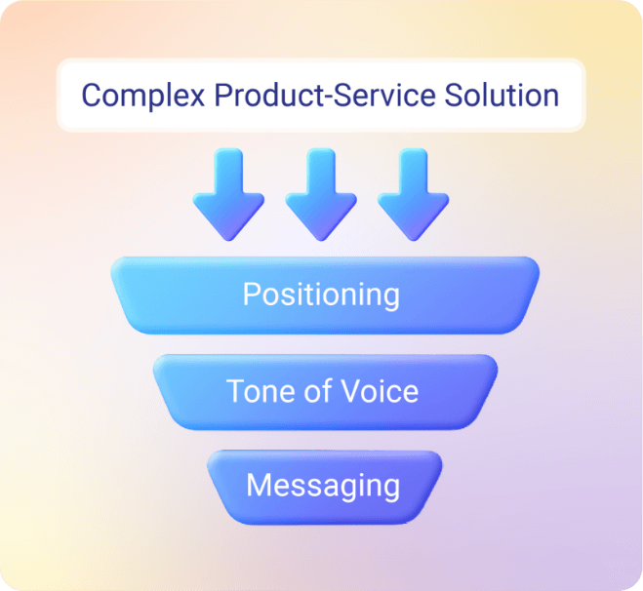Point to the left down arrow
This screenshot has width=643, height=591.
tap(227, 193)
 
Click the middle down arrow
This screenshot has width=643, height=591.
tap(320, 193)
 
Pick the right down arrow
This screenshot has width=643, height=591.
tap(413, 193)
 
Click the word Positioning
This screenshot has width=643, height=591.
tap(321, 295)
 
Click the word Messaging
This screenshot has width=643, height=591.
tap(323, 485)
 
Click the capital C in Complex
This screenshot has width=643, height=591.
tap(91, 96)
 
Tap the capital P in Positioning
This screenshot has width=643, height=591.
tap(251, 294)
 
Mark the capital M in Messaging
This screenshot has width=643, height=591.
tap(257, 485)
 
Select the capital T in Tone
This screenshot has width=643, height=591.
tap(235, 391)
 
